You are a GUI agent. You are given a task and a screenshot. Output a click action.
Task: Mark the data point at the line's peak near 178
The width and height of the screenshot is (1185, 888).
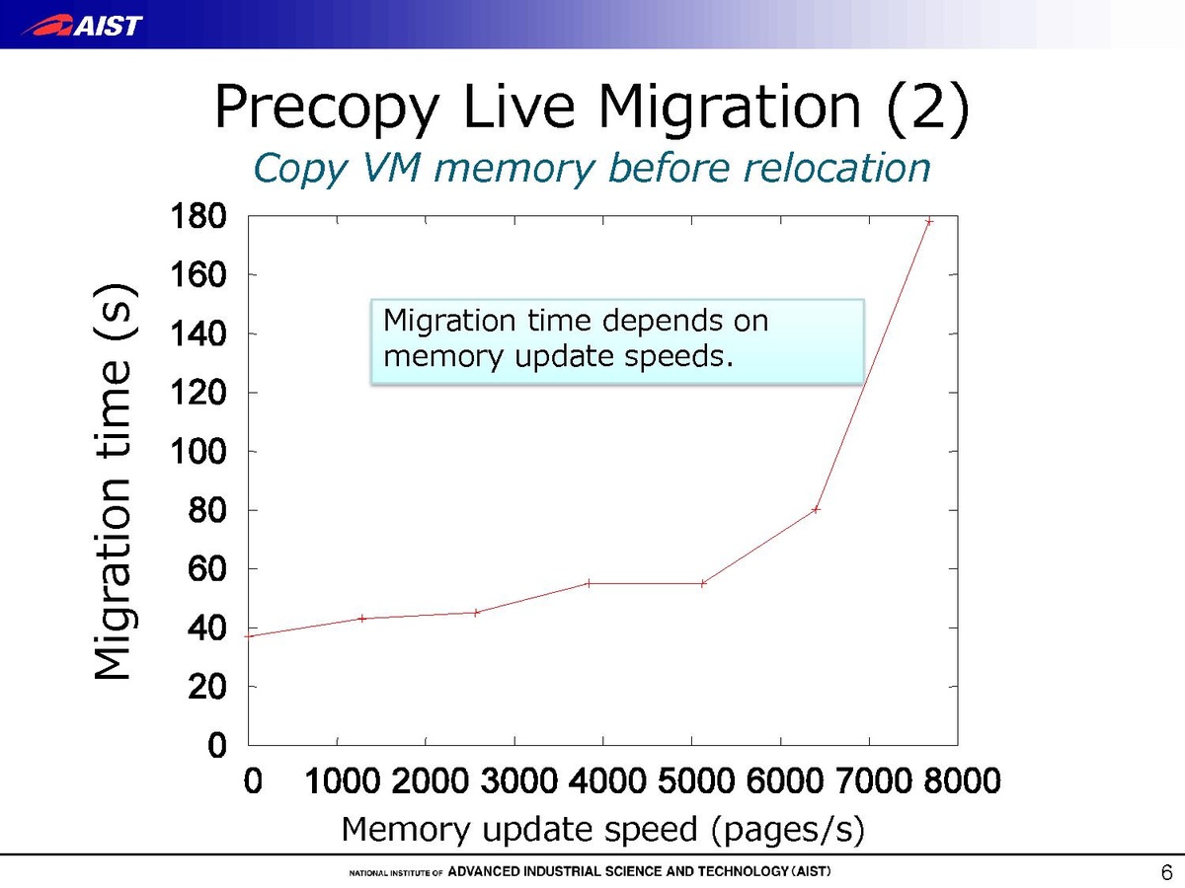click(x=929, y=221)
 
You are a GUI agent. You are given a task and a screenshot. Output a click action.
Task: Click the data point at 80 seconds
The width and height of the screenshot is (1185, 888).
click(x=817, y=509)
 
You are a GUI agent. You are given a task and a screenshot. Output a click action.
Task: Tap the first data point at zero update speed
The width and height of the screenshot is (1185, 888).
click(x=250, y=635)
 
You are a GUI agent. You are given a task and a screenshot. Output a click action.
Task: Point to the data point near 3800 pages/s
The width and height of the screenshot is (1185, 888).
click(x=589, y=583)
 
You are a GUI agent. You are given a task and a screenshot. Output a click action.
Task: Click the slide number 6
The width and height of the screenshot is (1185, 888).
click(x=1166, y=872)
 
